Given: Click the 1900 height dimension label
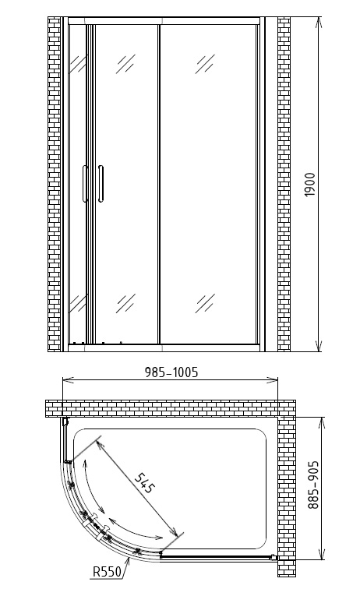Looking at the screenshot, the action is [x=309, y=185].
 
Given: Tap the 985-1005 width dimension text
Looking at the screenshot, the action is [x=171, y=372].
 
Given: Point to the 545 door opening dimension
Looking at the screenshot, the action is [x=144, y=484].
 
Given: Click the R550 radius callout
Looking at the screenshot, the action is [x=108, y=572].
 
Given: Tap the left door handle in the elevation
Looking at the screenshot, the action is [x=85, y=184].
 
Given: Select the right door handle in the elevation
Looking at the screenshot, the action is [x=101, y=184].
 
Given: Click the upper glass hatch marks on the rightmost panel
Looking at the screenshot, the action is [x=205, y=64].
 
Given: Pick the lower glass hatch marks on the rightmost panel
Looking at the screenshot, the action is [x=205, y=303].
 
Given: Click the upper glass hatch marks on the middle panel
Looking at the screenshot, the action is [x=125, y=64].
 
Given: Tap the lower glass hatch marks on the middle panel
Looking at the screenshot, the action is [x=125, y=303].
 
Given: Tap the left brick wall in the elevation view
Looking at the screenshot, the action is [x=54, y=185].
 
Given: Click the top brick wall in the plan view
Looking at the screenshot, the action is [x=171, y=409].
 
